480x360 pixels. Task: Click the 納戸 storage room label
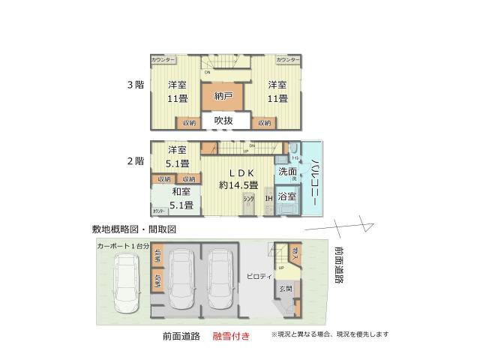223,95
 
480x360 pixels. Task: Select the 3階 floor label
135,85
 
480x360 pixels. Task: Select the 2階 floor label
135,160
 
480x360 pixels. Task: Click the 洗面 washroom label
287,172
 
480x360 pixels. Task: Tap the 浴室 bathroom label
287,196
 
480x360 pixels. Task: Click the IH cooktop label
268,199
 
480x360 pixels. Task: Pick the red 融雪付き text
232,337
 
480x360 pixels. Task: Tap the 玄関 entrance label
286,288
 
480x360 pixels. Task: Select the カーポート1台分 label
124,245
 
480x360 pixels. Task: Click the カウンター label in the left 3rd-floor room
163,60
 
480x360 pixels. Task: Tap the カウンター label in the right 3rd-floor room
287,60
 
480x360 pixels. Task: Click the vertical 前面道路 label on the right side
338,265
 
